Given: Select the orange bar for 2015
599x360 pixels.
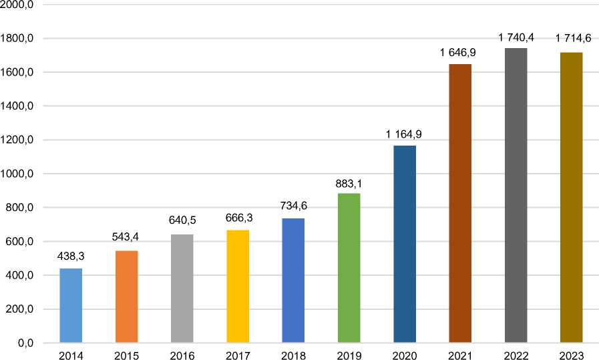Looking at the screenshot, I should click(x=126, y=297).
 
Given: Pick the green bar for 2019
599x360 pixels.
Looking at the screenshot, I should click(x=349, y=268).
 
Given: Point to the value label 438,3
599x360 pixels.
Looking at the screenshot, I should click(x=71, y=256).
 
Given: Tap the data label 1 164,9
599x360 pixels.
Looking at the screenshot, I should click(x=404, y=134).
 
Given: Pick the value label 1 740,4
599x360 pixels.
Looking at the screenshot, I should click(x=516, y=37).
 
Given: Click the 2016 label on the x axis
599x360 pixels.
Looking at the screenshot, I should click(x=182, y=354).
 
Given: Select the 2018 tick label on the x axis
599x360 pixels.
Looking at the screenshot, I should click(x=293, y=354).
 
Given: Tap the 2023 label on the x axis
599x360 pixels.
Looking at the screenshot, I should click(x=572, y=354).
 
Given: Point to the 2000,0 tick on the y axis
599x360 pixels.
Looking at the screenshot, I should click(x=19, y=5).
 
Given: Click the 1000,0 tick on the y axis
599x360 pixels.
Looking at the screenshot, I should click(x=19, y=174).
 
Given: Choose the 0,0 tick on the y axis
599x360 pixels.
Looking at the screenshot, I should click(x=25, y=343).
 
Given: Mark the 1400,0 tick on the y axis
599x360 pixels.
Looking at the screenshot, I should click(x=19, y=106).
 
